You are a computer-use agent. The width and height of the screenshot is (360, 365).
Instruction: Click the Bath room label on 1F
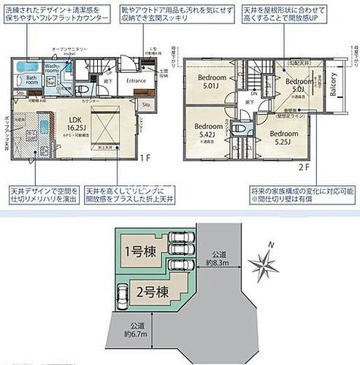(x=31, y=80)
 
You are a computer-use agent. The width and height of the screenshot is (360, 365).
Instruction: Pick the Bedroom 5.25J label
(x=283, y=139)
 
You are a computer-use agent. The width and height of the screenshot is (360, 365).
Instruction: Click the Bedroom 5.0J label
(x=299, y=85)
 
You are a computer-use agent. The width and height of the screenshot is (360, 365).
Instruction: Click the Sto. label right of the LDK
(x=146, y=105)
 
